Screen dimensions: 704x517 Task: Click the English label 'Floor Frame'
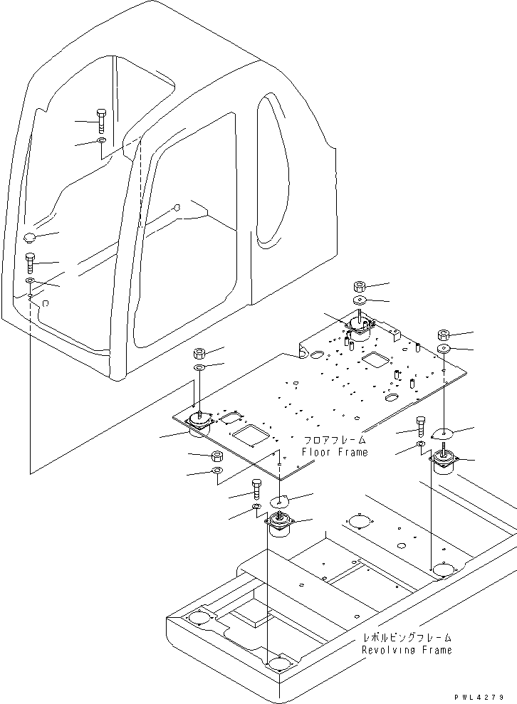[335, 452]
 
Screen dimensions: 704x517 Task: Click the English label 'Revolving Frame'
[406, 650]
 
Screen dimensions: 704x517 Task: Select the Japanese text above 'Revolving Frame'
[406, 638]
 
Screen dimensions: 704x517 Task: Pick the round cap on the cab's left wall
[31, 237]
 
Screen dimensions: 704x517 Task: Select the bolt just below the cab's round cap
[30, 263]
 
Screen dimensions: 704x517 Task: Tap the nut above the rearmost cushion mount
[360, 286]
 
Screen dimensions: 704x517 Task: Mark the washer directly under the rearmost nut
[360, 300]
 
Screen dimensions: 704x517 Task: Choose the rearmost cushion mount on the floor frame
[360, 327]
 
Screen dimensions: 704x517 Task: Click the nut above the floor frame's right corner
[443, 335]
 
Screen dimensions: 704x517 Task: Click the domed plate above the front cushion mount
[280, 500]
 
